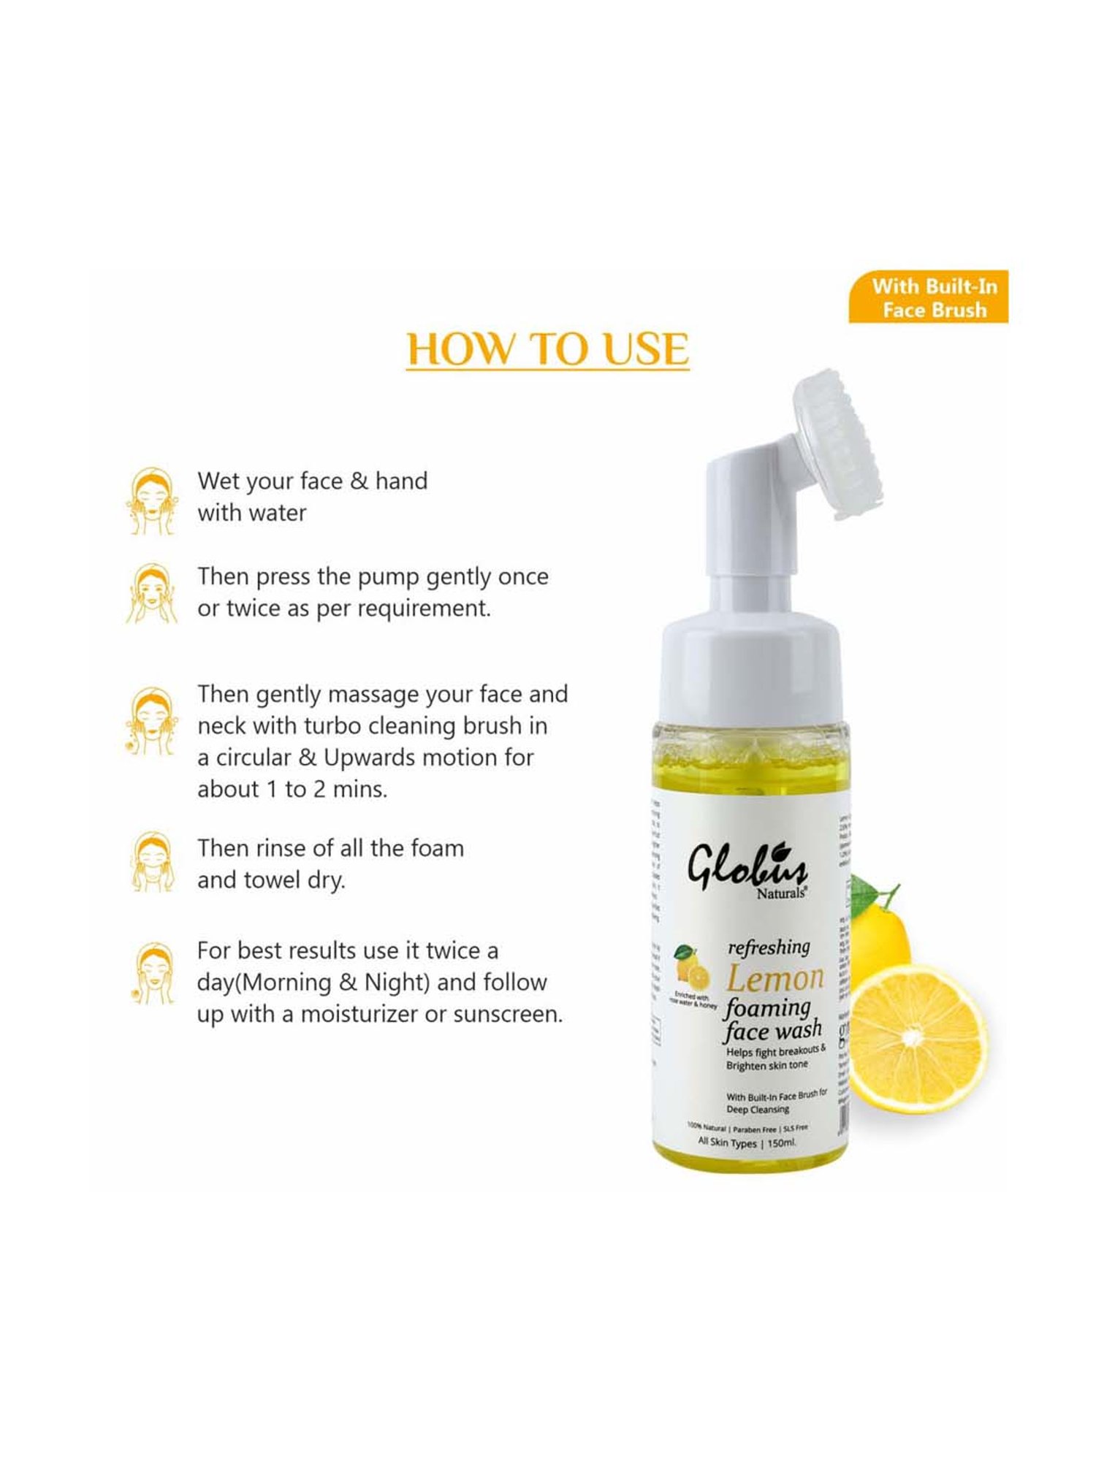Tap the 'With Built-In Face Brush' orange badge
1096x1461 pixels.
point(928,297)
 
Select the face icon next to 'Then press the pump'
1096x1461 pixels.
point(152,593)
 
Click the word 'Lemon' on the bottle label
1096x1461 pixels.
point(775,977)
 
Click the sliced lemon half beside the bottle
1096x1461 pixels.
point(918,1037)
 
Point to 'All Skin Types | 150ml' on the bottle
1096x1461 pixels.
point(747,1142)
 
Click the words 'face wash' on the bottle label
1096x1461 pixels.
point(772,1031)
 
